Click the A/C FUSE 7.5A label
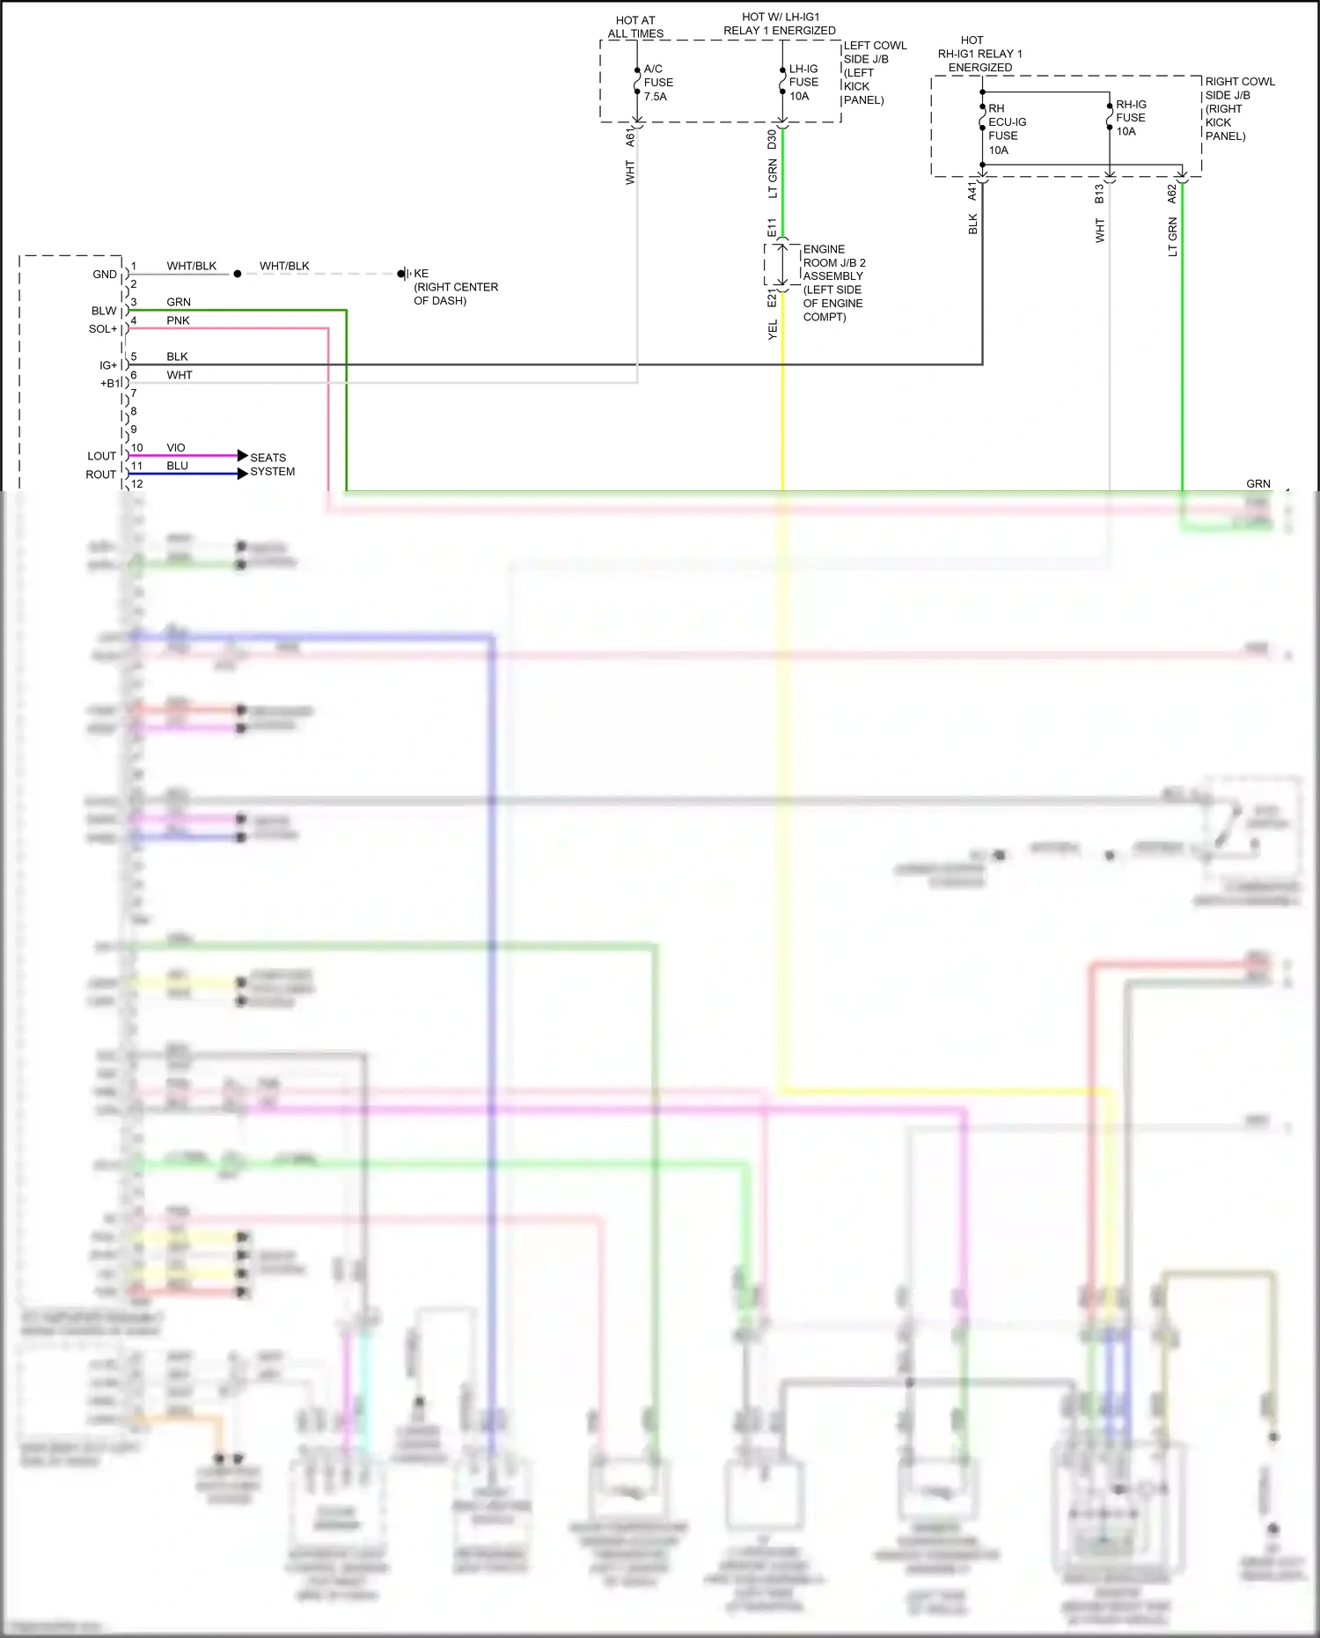tap(657, 83)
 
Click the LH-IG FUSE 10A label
tap(803, 83)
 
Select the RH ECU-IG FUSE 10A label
tap(1006, 129)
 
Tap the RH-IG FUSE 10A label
tap(1130, 118)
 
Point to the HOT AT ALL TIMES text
tap(635, 27)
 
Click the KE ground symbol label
tap(421, 274)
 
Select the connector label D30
tap(772, 139)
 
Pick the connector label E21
tap(772, 298)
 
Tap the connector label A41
tap(972, 192)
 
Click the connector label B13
tap(1099, 194)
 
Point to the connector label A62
tap(1171, 194)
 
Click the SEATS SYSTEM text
tap(272, 465)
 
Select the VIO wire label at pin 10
tap(176, 448)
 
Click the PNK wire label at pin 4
tap(178, 320)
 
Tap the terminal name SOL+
tap(102, 329)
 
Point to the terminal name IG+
tap(107, 365)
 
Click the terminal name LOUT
tap(101, 456)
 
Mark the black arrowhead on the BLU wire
tap(242, 474)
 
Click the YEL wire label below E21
tap(773, 330)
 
